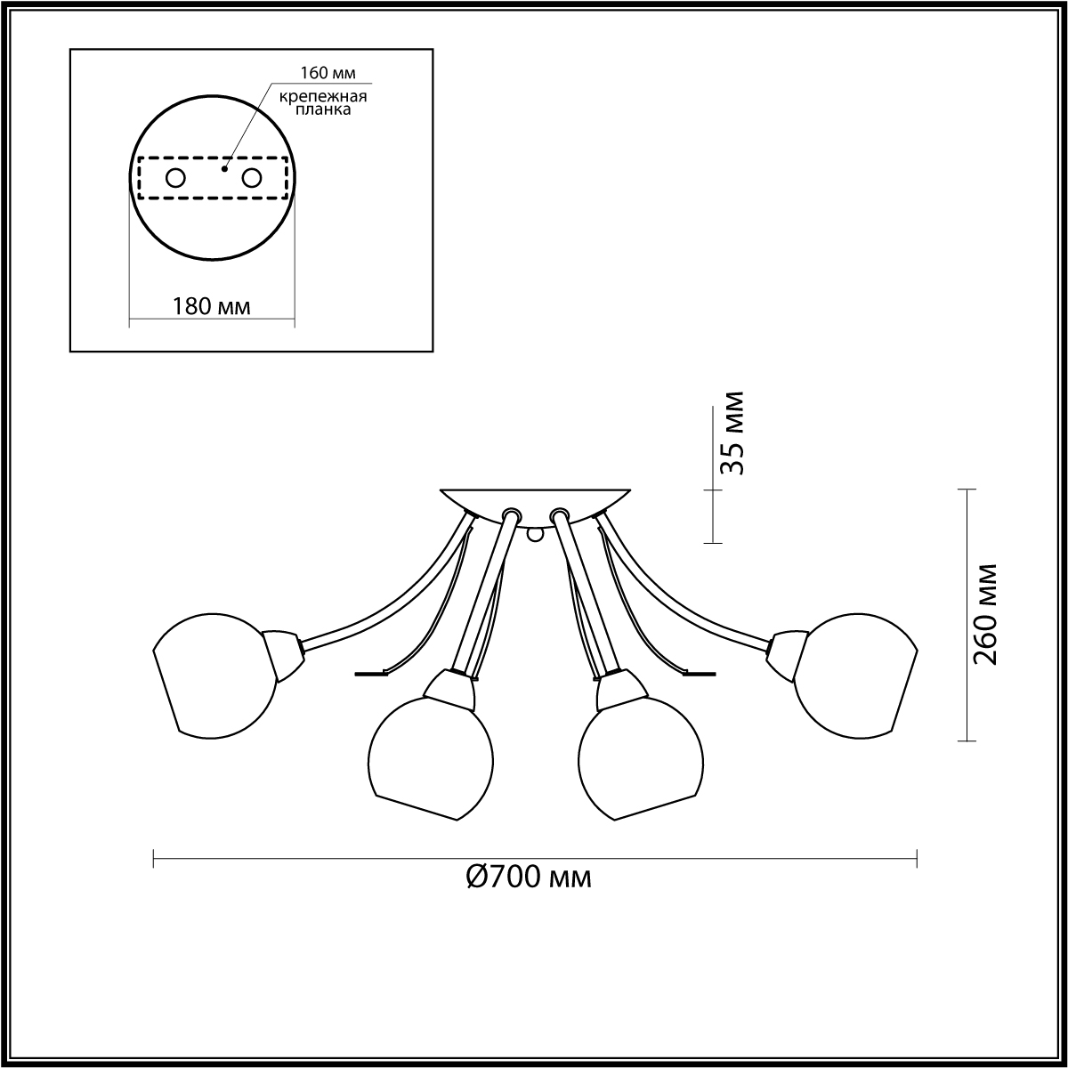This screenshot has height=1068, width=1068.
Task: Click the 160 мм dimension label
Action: point(328,73)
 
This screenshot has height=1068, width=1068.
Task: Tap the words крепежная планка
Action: point(322,103)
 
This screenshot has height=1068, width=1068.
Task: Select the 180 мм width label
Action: point(212,305)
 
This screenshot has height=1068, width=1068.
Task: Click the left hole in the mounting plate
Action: point(175,179)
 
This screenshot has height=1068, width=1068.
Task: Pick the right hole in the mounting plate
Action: point(252,179)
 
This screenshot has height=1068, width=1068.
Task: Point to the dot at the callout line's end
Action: point(224,168)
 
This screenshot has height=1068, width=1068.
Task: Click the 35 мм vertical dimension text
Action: point(731,433)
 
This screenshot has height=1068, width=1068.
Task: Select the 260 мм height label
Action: point(985,615)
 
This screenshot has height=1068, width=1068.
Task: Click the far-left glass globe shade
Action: point(214,676)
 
